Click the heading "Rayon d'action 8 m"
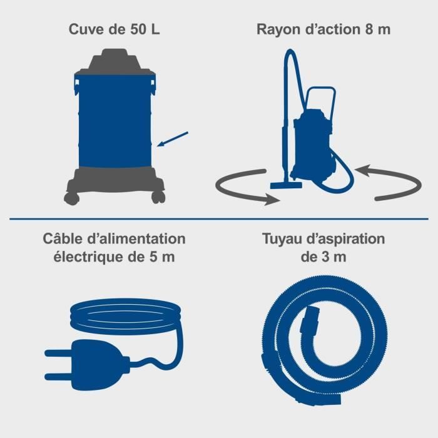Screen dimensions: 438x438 tap(323, 29)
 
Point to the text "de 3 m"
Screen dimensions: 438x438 tap(323, 257)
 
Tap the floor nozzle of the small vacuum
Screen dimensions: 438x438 tap(286, 185)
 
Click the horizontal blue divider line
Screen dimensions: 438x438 tap(219, 218)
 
